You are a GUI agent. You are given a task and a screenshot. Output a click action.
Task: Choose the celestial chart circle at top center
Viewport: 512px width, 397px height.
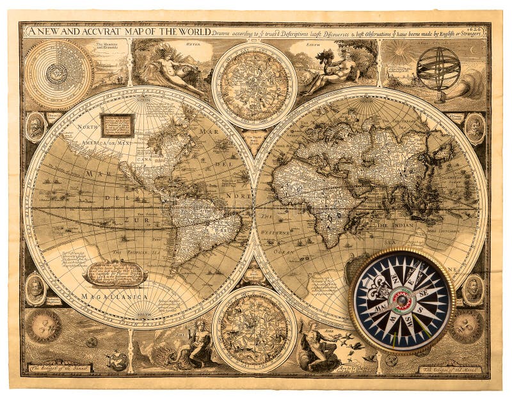pos(254,85)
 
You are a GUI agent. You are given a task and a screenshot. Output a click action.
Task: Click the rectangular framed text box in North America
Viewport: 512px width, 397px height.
pos(117,126)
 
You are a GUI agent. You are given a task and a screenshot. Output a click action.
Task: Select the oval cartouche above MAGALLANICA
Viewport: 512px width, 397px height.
pos(115,274)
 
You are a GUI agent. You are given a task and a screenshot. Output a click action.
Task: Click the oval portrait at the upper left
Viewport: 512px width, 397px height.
pos(35,127)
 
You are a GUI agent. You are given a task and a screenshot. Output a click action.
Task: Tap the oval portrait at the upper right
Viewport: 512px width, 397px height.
pos(474,128)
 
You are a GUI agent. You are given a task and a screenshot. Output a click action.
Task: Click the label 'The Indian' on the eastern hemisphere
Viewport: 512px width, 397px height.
pos(392,225)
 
